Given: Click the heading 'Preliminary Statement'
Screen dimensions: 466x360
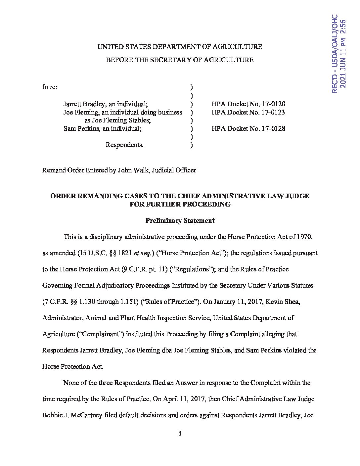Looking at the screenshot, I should tap(180, 220).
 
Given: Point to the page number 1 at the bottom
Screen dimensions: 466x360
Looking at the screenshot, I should tap(180, 434).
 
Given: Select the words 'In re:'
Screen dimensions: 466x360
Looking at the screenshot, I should tap(50, 87).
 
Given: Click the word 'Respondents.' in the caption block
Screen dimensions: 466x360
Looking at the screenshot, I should tap(124, 145).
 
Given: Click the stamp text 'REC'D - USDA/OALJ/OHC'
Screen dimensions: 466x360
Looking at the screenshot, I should tap(334, 53).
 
